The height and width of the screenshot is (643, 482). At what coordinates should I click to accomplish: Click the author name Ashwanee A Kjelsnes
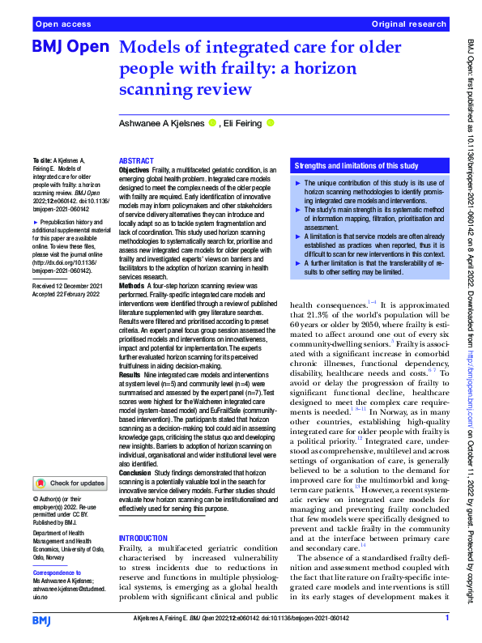pos(161,123)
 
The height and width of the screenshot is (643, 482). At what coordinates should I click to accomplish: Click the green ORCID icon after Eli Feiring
pos(271,123)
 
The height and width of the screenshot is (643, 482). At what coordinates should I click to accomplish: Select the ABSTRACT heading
pos(136,161)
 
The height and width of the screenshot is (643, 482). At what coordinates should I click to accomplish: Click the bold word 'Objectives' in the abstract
pos(134,170)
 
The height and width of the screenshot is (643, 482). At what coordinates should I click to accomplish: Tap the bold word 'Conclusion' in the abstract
pos(135,473)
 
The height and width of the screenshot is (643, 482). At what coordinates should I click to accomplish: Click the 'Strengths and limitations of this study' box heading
pos(356,166)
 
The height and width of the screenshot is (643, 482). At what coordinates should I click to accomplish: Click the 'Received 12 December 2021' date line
pos(67,287)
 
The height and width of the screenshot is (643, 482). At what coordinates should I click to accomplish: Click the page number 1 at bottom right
pos(446,618)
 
